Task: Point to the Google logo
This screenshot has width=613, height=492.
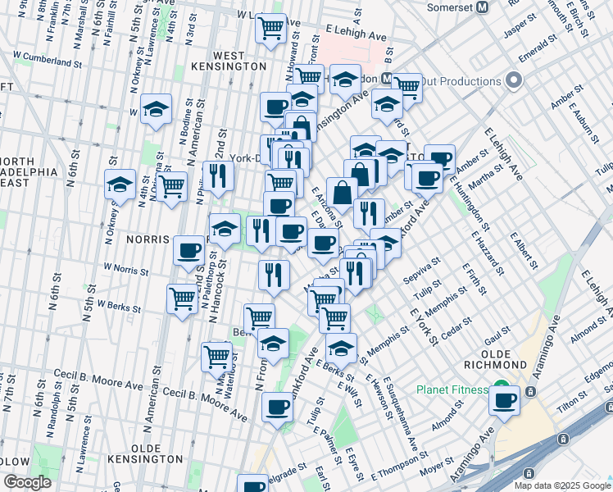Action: [x=28, y=482]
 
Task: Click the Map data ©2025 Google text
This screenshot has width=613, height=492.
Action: [x=561, y=485]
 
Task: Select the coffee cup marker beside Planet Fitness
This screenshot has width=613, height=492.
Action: [x=505, y=401]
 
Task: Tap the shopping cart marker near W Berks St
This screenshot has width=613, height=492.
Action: [x=182, y=298]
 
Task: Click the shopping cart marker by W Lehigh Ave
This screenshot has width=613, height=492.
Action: [x=270, y=29]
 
